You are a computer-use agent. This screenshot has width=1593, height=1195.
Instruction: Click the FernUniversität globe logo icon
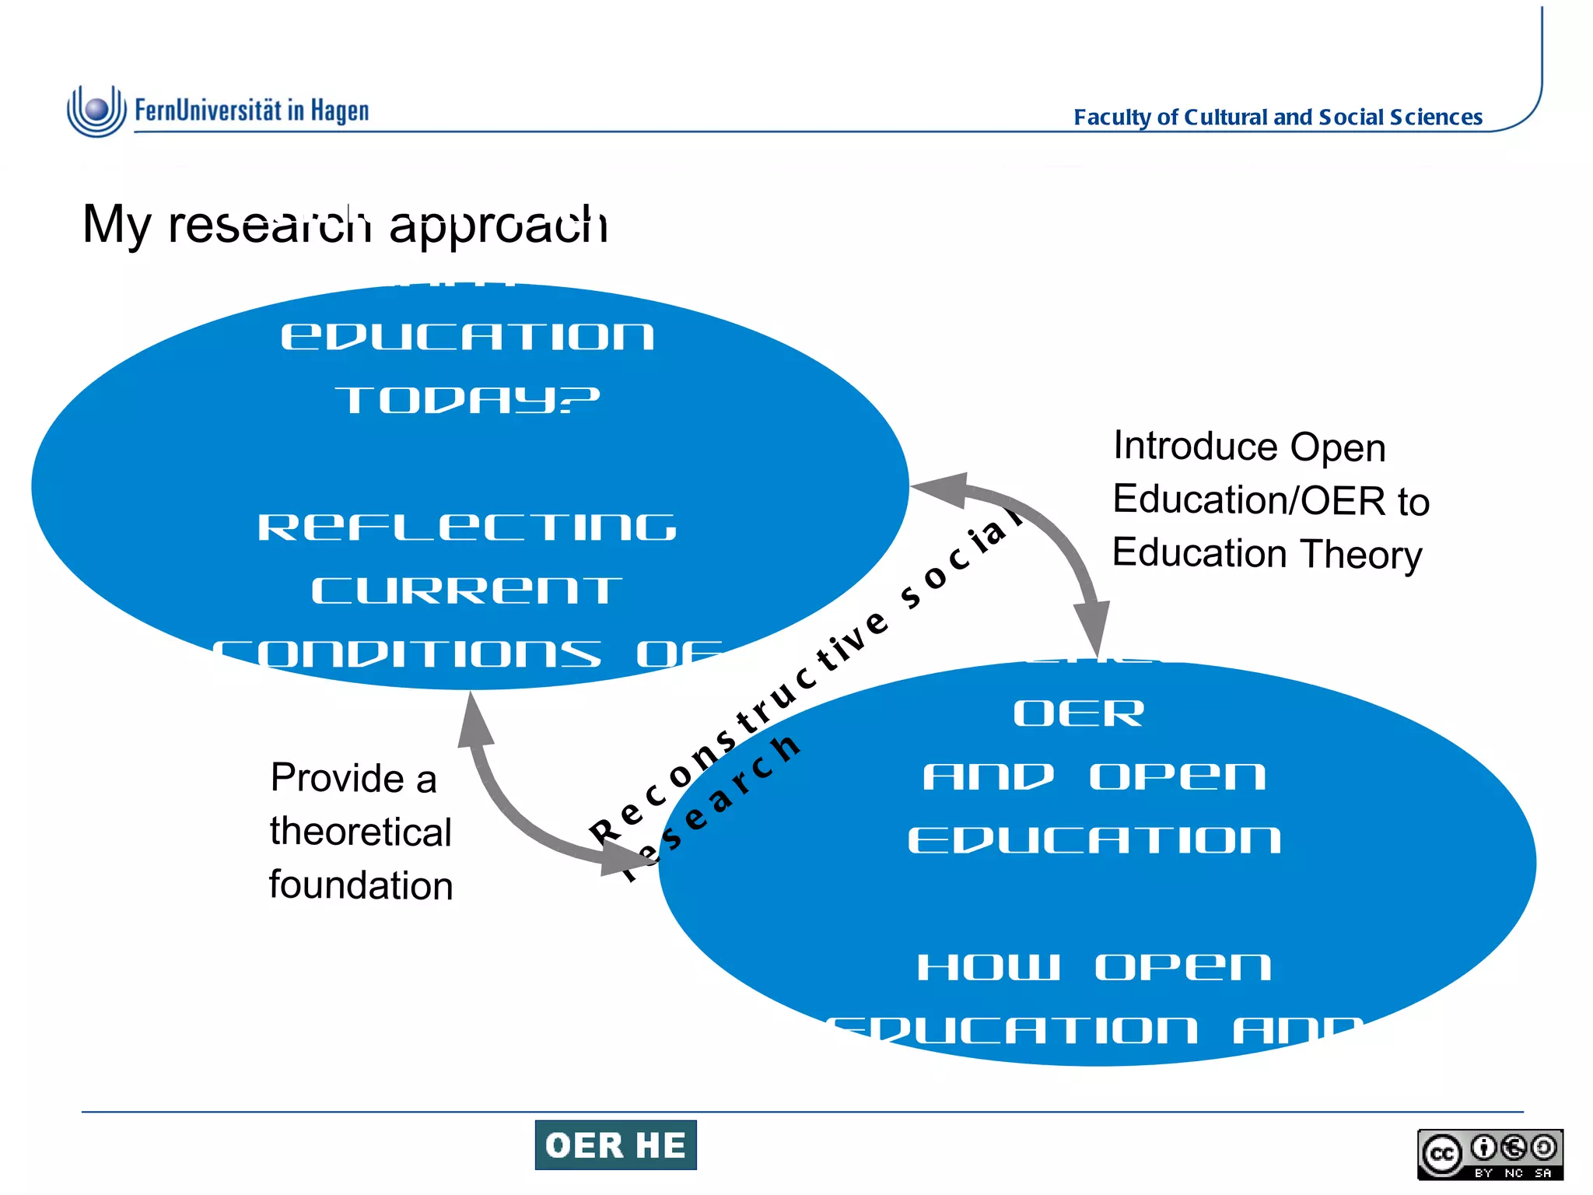click(96, 110)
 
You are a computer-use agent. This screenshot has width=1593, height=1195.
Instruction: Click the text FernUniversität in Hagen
click(251, 110)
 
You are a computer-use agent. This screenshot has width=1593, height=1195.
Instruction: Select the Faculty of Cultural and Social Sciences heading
click(1277, 117)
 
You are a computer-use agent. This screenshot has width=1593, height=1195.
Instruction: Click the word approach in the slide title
click(498, 225)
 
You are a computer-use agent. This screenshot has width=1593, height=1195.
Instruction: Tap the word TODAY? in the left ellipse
click(467, 401)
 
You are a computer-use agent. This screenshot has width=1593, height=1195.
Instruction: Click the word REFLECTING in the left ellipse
click(467, 527)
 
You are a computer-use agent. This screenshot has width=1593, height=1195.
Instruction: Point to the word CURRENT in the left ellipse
click(467, 590)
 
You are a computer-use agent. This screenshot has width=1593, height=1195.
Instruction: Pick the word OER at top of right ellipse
click(1079, 713)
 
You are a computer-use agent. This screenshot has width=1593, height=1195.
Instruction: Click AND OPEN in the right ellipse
click(1094, 776)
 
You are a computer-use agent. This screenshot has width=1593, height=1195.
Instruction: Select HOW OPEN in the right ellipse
click(1094, 967)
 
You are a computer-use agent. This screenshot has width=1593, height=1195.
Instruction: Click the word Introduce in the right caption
click(1196, 446)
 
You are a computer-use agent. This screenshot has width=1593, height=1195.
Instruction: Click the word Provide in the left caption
click(337, 778)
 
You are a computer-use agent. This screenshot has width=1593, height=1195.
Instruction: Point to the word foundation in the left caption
click(361, 885)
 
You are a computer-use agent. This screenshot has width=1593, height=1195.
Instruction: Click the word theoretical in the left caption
click(361, 832)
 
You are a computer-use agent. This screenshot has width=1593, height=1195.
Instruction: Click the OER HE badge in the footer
click(615, 1145)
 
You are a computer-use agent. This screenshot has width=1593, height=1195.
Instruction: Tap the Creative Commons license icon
click(1490, 1154)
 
